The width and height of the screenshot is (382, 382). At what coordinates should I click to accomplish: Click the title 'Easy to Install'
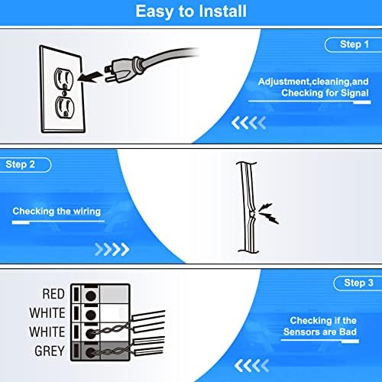pos(191,11)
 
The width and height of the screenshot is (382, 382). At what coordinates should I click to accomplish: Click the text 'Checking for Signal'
pos(322,92)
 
